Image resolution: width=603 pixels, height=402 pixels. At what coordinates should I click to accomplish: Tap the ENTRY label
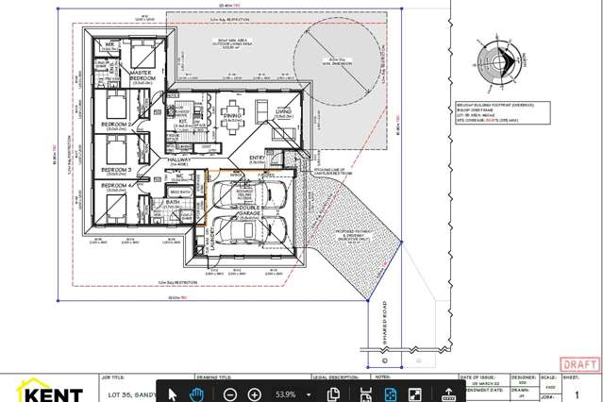click(x=256, y=158)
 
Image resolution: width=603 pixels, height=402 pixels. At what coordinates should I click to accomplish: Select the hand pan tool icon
click(x=197, y=394)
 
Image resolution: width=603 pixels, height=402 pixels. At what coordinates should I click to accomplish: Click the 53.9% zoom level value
click(x=286, y=394)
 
